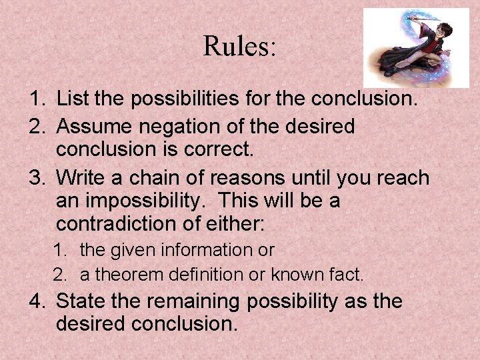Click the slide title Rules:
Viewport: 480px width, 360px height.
pos(239,47)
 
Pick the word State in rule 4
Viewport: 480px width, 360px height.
pos(79,301)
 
